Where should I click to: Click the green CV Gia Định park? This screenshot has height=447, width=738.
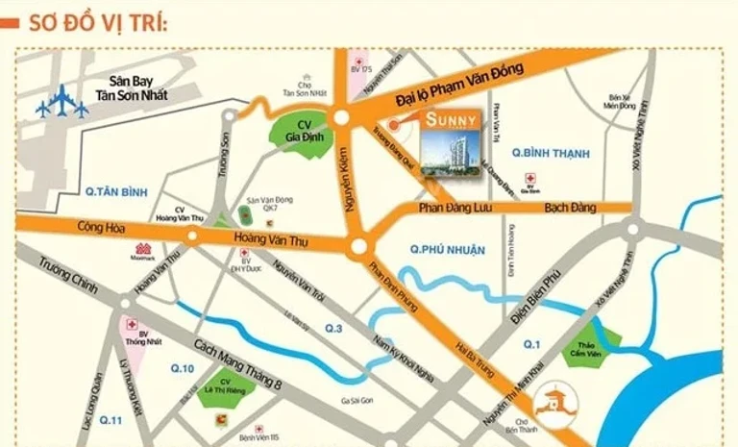point(305,132)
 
